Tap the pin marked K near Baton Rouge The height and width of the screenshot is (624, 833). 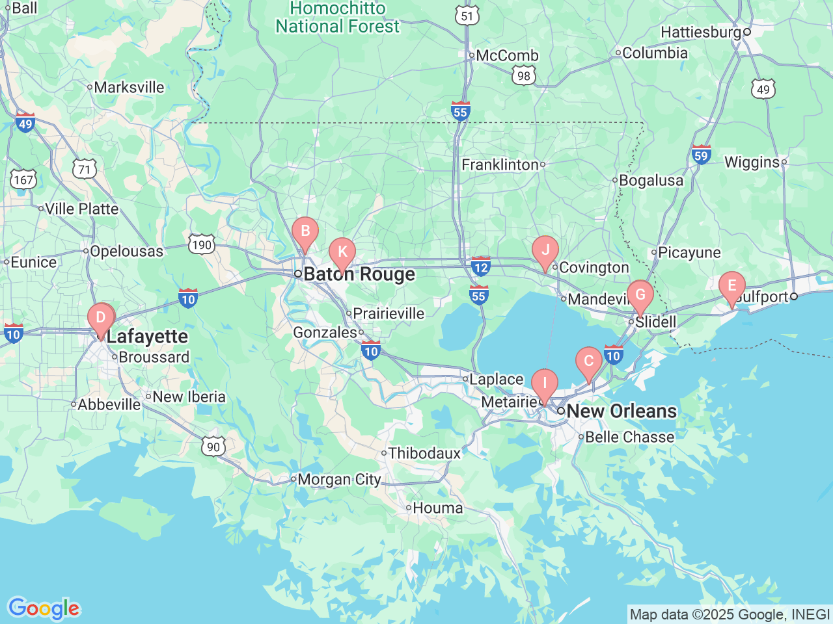tap(342, 253)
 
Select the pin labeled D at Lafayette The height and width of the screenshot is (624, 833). tap(101, 318)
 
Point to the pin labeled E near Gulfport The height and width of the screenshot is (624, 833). tap(731, 287)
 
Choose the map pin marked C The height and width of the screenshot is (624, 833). tap(588, 362)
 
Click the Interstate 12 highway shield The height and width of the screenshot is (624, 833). tap(481, 266)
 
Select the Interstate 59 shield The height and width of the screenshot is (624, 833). tap(701, 155)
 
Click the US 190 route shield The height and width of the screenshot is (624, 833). tap(202, 245)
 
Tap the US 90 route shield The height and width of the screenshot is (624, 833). tap(213, 447)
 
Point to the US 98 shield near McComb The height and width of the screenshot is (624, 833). tap(524, 76)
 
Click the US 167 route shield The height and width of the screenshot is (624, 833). tap(23, 179)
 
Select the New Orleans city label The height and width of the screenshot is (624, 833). tap(621, 411)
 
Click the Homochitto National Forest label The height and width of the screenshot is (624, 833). tap(337, 18)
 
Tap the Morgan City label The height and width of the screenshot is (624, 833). tap(339, 480)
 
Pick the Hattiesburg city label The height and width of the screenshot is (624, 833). tap(701, 32)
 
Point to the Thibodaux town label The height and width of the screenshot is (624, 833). tap(424, 453)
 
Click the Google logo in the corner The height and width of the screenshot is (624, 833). tap(44, 608)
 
